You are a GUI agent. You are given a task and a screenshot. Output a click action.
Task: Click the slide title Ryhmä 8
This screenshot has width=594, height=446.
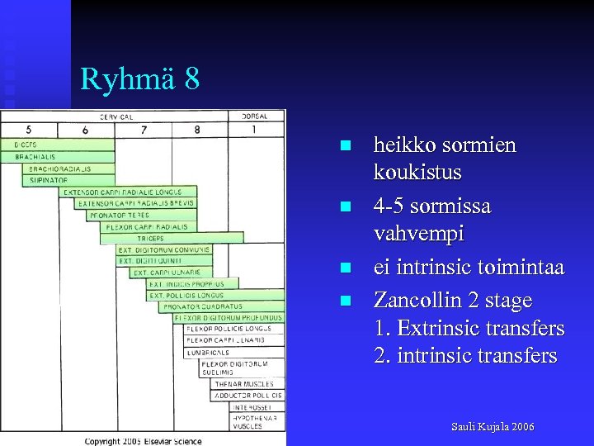[139, 79]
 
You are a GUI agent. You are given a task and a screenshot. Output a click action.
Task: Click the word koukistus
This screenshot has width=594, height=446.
[417, 173]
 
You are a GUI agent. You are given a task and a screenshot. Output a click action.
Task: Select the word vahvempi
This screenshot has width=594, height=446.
[419, 234]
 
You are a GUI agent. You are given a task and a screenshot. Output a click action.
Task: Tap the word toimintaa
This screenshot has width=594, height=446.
[519, 268]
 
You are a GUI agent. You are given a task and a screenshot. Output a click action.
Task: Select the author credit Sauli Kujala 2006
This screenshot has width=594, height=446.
[493, 427]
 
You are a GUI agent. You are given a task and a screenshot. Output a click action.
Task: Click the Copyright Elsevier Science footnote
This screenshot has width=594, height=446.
[143, 441]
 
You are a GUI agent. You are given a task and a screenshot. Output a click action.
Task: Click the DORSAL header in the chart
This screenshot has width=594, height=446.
[260, 116]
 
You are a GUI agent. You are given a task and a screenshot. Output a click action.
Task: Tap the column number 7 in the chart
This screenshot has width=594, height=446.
[144, 130]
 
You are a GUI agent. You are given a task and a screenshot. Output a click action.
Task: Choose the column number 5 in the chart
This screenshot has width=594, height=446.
[29, 130]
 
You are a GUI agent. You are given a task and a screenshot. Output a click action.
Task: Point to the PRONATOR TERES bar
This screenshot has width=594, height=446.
[119, 215]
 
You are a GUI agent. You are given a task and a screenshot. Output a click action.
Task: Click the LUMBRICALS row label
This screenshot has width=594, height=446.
[208, 352]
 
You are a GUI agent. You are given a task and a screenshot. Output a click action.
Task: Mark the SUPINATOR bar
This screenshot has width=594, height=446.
[49, 180]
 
